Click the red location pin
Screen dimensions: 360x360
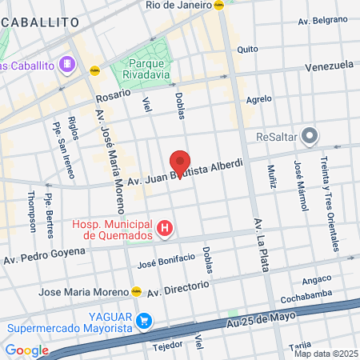tap(180, 163)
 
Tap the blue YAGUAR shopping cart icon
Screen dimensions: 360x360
tap(144, 321)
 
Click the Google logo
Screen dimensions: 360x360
tap(26, 350)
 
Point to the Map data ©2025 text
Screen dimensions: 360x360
tap(326, 354)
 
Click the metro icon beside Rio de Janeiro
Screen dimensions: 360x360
tap(218, 5)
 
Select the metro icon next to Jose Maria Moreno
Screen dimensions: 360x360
tap(137, 291)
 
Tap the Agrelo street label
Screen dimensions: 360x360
tap(259, 100)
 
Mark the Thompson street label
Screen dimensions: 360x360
tap(32, 210)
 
